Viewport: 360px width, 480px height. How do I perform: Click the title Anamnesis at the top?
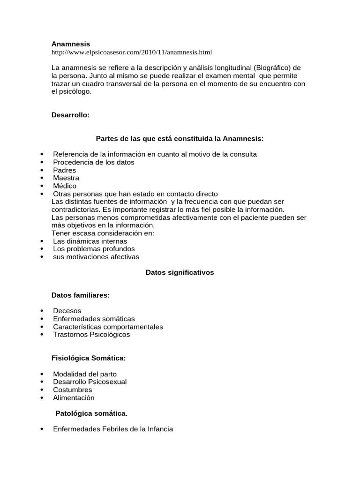pyautogui.click(x=70, y=44)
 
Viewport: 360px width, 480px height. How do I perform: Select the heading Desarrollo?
pyautogui.click(x=70, y=115)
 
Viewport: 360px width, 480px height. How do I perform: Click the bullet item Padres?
pyautogui.click(x=64, y=170)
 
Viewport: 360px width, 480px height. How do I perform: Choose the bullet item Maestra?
pyautogui.click(x=66, y=178)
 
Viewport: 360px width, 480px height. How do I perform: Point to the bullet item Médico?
pyautogui.click(x=65, y=186)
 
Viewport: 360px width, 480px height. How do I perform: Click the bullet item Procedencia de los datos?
pyautogui.click(x=94, y=162)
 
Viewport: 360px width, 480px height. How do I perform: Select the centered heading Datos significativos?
pyautogui.click(x=180, y=272)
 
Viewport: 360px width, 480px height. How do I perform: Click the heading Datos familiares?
pyautogui.click(x=81, y=295)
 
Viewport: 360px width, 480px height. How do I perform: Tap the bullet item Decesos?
pyautogui.click(x=67, y=311)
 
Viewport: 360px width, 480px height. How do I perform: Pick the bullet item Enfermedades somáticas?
pyautogui.click(x=94, y=319)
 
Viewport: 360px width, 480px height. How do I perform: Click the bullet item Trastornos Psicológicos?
pyautogui.click(x=91, y=335)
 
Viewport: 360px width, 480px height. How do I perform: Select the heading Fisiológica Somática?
pyautogui.click(x=89, y=359)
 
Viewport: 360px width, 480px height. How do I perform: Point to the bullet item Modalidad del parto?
pyautogui.click(x=85, y=374)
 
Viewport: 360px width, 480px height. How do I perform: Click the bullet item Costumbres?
pyautogui.click(x=73, y=390)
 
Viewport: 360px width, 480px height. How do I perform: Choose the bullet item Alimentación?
pyautogui.click(x=74, y=398)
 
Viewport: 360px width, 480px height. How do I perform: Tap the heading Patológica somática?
pyautogui.click(x=91, y=413)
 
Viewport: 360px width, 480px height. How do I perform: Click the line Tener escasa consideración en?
pyautogui.click(x=103, y=233)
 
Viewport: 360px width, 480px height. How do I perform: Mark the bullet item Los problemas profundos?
pyautogui.click(x=94, y=249)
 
